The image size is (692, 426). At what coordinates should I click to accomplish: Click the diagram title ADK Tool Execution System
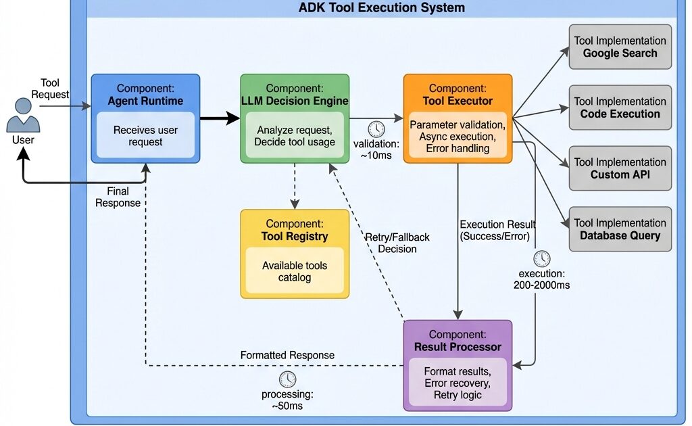(x=382, y=8)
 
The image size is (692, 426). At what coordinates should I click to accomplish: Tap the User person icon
(x=23, y=116)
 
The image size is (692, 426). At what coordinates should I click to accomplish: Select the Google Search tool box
(x=620, y=47)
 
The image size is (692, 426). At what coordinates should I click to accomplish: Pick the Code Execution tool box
(x=620, y=108)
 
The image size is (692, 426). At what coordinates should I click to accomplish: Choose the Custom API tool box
(x=620, y=168)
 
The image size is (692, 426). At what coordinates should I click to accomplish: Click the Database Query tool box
(x=620, y=229)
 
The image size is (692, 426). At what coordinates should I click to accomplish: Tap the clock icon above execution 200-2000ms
(x=541, y=258)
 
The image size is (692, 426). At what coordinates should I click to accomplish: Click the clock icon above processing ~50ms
(x=288, y=379)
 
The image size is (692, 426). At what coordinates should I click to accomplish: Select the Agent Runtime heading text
(x=146, y=101)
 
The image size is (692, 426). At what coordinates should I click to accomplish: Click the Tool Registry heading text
(x=295, y=237)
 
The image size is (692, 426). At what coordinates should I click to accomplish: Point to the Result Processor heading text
(x=458, y=347)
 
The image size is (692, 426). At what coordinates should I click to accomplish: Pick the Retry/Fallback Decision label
(x=397, y=243)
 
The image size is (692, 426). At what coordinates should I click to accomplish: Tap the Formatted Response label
(x=287, y=355)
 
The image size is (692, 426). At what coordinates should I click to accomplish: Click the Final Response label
(x=118, y=197)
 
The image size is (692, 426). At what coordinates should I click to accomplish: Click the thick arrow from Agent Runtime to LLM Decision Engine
(x=220, y=119)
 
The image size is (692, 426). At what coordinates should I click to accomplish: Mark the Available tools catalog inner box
(x=295, y=271)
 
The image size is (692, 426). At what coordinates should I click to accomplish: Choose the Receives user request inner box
(x=146, y=136)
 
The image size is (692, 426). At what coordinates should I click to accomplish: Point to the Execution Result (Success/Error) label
(x=497, y=230)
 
